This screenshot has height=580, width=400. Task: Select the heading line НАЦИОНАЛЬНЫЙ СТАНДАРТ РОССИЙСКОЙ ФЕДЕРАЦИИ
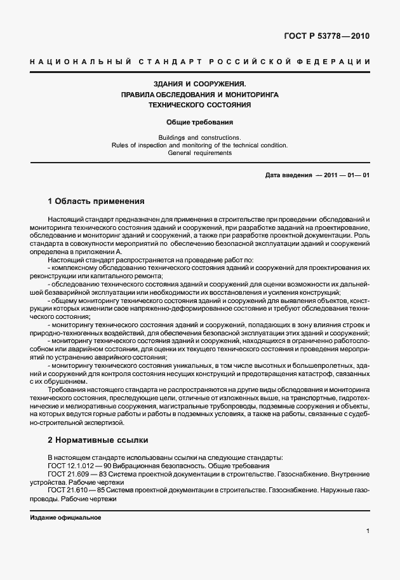tap(199, 62)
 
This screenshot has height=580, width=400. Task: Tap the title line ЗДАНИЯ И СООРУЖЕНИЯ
tap(200, 83)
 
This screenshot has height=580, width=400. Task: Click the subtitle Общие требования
tap(200, 121)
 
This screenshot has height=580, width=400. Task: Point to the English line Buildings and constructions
tap(200, 137)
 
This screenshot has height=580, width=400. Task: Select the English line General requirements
tap(200, 152)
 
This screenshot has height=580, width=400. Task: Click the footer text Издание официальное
tap(66, 518)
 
